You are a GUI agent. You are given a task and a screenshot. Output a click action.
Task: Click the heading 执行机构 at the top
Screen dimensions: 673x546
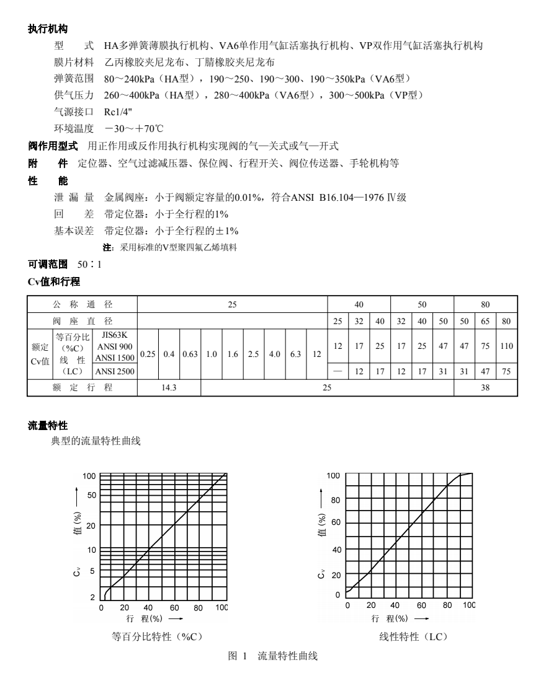coord(48,29)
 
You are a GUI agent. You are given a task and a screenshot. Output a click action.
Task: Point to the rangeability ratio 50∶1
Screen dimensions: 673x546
coord(89,265)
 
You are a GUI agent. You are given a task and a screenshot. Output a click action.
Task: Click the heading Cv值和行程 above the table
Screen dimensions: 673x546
coord(53,281)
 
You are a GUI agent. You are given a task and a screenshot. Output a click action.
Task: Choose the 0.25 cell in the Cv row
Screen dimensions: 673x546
coord(148,354)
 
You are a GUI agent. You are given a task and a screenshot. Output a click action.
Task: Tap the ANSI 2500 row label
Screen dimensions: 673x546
coord(114,372)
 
